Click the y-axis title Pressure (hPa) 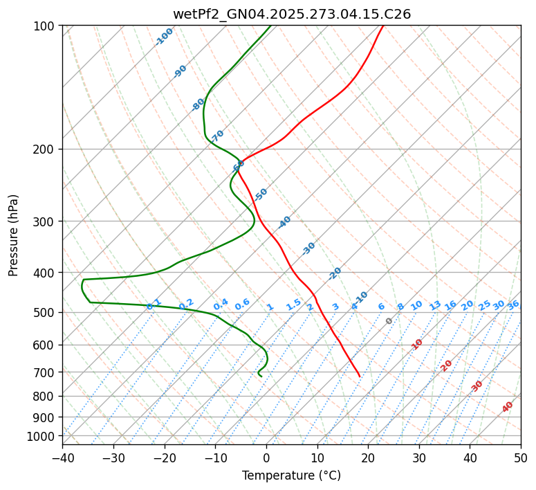pos(14,235)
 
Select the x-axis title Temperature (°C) pos(291,475)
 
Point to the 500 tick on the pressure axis pos(45,313)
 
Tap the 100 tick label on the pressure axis pos(45,26)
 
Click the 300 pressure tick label pos(45,221)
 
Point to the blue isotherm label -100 pos(164,37)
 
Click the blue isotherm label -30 pos(308,248)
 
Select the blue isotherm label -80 pos(198,105)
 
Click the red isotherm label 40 pos(508,407)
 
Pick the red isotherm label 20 pos(446,365)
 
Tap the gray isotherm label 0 pos(389,321)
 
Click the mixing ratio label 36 pos(513,305)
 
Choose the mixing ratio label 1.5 pos(293,304)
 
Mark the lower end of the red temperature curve pos(360,376)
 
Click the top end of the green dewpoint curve pos(270,26)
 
